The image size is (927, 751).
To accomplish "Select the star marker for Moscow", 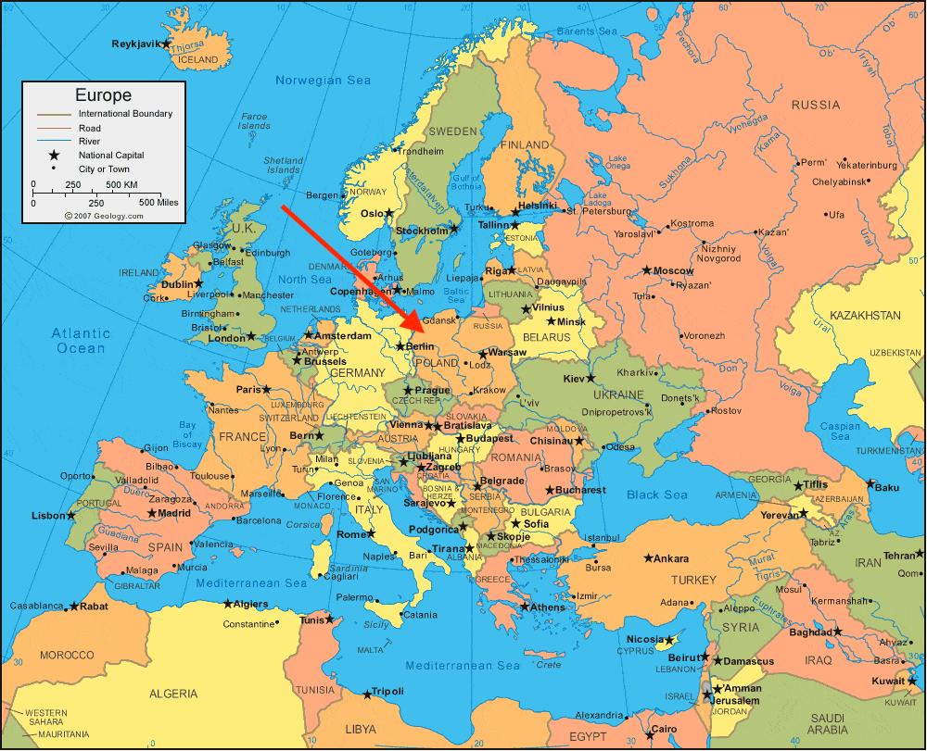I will pos(647,270).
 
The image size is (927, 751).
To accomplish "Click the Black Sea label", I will pos(656,495).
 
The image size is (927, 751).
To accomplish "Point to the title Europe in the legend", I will pos(103,95).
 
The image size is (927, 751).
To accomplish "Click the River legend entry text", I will pos(90,141).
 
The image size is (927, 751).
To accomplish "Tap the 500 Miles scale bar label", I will pos(158,202).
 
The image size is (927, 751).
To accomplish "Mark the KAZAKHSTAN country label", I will pos(864,316).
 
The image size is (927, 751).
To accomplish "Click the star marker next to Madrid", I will pos(151,513).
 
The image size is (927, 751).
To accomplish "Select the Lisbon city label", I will pos(48,516).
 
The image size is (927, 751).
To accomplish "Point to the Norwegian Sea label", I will pos(323,81).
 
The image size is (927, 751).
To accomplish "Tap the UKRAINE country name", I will pos(611,394).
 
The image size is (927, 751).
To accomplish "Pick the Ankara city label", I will pos(671,558).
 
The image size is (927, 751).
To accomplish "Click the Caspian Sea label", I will pos(840,432).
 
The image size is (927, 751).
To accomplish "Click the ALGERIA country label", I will pos(173,693).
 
